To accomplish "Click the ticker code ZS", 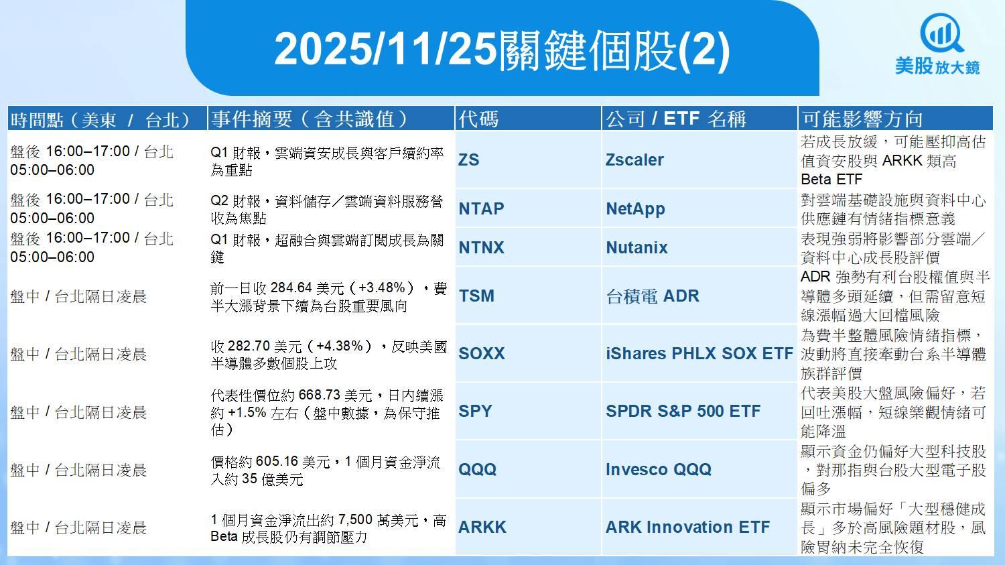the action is tap(468, 160).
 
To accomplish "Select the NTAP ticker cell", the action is tap(481, 208).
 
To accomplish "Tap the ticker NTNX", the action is tap(481, 247).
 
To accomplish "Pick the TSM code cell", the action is tap(476, 296).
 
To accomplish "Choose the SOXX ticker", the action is tap(482, 354).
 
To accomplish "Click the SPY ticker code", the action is tap(475, 411).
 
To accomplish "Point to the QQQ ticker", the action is tap(477, 469).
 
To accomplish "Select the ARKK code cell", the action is tap(482, 527).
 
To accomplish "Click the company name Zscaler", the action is tap(634, 160).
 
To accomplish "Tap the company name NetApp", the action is tap(635, 209).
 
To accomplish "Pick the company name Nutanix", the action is tap(636, 247).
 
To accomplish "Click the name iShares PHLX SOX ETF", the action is tap(699, 354).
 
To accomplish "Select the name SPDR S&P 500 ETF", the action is tap(683, 411).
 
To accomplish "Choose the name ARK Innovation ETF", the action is tap(688, 527).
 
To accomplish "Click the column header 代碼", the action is tap(478, 119).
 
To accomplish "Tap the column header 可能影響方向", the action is tap(862, 119).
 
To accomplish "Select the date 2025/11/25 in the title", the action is tap(385, 49).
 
